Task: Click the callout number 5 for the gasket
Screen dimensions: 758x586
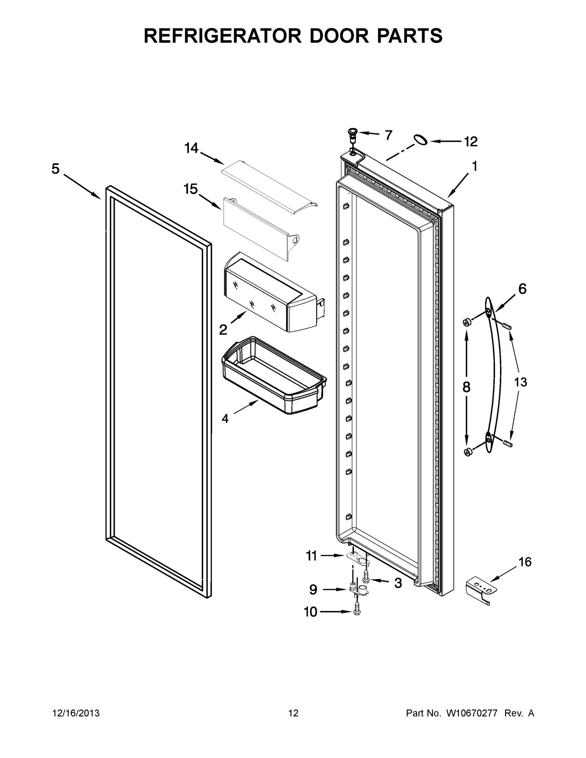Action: [56, 169]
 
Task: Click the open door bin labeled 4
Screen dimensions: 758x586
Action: [274, 376]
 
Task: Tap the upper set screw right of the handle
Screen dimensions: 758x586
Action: [507, 326]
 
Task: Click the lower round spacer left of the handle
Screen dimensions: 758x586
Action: [468, 452]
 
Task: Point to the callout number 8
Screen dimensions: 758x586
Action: [466, 387]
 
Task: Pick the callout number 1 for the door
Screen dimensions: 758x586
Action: [474, 166]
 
